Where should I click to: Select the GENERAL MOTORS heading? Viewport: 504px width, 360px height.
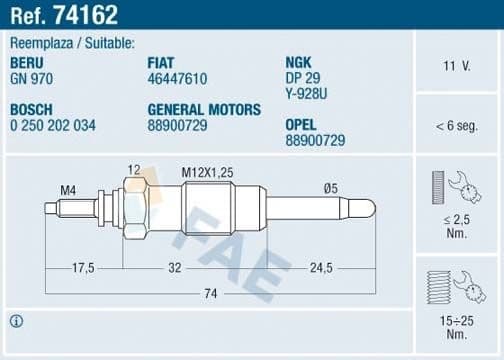click(203, 109)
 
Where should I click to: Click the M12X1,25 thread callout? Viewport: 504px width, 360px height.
click(207, 171)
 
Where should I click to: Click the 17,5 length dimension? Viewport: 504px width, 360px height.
click(83, 268)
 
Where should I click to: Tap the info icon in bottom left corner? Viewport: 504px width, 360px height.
click(16, 321)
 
